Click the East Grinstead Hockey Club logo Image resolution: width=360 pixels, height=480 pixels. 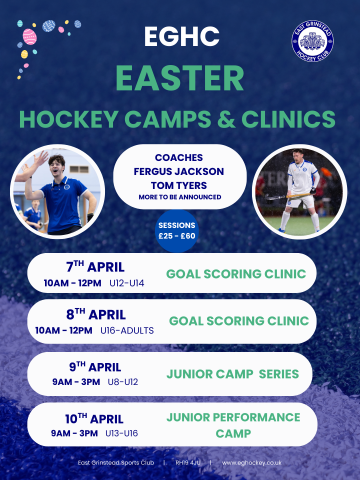(x=312, y=41)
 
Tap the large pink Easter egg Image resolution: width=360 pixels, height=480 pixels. (x=29, y=36)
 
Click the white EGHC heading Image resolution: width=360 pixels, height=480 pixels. (x=182, y=36)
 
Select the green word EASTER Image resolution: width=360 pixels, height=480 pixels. (x=179, y=78)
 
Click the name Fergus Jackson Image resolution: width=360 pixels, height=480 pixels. (x=179, y=171)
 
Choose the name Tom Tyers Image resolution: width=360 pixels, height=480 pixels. (x=179, y=185)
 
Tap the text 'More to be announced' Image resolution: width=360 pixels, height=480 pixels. (x=179, y=197)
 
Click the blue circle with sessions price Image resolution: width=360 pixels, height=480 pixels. (x=177, y=231)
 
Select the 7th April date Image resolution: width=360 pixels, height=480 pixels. (x=95, y=266)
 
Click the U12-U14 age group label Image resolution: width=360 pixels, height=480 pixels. (x=126, y=283)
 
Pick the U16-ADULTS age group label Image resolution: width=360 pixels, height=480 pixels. (x=127, y=330)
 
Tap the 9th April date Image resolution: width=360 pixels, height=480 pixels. (x=95, y=366)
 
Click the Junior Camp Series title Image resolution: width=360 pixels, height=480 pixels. (x=232, y=374)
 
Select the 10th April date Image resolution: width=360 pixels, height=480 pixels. (x=94, y=418)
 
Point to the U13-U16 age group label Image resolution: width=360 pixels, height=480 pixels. (x=121, y=433)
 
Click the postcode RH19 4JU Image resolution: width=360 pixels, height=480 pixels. (x=188, y=462)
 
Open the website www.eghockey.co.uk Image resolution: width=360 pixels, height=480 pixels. (x=251, y=463)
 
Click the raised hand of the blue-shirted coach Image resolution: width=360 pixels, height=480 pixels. (x=40, y=159)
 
